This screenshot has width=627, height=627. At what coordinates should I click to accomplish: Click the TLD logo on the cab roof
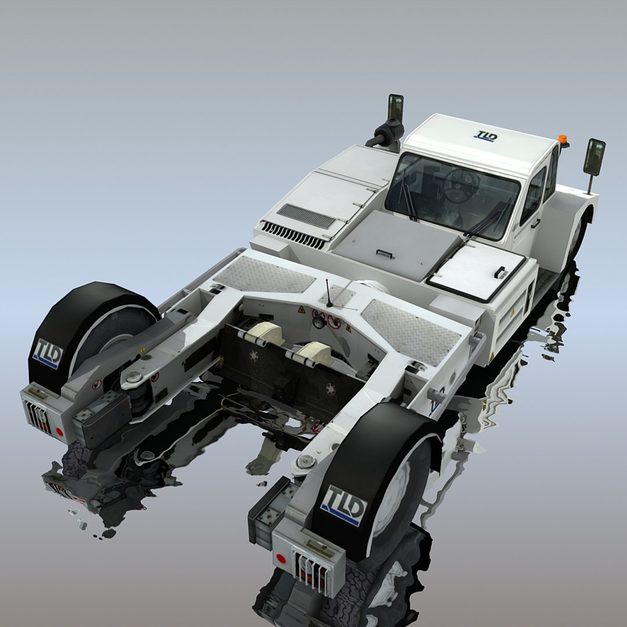point(485,136)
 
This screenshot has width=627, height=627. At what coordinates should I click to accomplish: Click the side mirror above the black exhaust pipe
point(396,107)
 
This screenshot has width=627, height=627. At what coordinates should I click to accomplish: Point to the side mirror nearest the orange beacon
point(594,157)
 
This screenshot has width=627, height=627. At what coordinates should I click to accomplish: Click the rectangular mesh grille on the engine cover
point(306,216)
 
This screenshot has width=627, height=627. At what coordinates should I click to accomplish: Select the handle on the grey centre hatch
point(384,253)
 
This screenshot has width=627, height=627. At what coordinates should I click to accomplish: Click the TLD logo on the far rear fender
point(48,353)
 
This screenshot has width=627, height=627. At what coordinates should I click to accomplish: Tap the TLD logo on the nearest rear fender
point(344,505)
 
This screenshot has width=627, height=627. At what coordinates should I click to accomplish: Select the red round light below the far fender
point(59,432)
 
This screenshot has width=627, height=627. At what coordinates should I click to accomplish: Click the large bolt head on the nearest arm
point(306,462)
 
